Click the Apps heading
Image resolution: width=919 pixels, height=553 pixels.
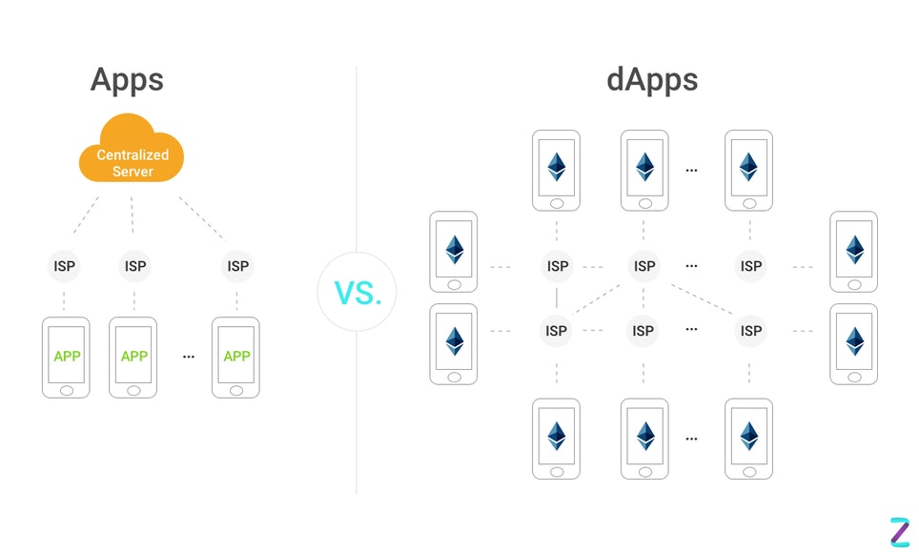[127, 79]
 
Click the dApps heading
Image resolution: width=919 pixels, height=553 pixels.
[652, 79]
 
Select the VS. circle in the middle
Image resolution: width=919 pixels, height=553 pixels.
[358, 292]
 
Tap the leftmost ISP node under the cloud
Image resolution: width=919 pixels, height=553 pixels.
[64, 266]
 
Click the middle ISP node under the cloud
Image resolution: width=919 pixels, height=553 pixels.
[135, 266]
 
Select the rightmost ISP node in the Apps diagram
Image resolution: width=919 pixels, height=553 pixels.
[237, 266]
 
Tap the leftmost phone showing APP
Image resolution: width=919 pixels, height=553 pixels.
[66, 357]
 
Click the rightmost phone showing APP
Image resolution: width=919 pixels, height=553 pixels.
[235, 357]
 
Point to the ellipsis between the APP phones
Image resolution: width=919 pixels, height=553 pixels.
[188, 357]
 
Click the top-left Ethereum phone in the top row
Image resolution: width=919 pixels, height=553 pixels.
[556, 170]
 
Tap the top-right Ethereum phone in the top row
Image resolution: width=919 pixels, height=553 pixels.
[748, 170]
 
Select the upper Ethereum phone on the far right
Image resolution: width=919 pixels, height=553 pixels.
[854, 251]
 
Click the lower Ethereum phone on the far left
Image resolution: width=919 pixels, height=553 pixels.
[454, 343]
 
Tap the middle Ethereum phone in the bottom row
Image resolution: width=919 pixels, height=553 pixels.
[644, 439]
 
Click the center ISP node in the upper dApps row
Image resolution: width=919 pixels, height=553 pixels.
[644, 266]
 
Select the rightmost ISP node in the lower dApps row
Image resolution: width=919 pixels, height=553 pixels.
[751, 331]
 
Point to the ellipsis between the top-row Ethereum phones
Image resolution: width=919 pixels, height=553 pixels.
[691, 170]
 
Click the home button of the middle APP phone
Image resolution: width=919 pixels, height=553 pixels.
[133, 390]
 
